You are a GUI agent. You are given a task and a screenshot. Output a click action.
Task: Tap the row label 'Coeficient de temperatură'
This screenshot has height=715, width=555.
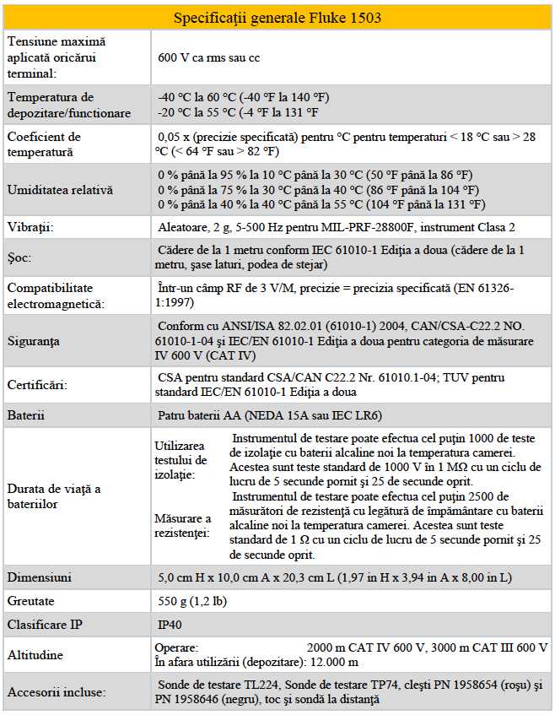[44, 144]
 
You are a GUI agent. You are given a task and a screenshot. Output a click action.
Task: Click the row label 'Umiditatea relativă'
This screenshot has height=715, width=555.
[60, 191]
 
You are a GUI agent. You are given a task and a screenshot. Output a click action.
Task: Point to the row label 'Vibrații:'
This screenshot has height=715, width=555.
[31, 228]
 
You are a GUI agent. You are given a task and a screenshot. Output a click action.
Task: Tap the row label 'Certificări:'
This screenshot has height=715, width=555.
[38, 385]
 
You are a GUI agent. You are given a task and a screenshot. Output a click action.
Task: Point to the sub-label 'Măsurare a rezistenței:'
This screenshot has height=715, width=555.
[181, 525]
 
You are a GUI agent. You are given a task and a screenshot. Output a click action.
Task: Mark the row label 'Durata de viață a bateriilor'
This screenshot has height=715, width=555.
[55, 496]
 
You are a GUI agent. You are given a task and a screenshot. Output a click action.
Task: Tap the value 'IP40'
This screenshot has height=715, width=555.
[170, 626]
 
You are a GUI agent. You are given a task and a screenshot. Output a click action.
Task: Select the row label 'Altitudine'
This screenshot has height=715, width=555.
[37, 655]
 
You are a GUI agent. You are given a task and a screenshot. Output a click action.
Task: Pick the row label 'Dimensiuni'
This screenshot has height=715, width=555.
[40, 577]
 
